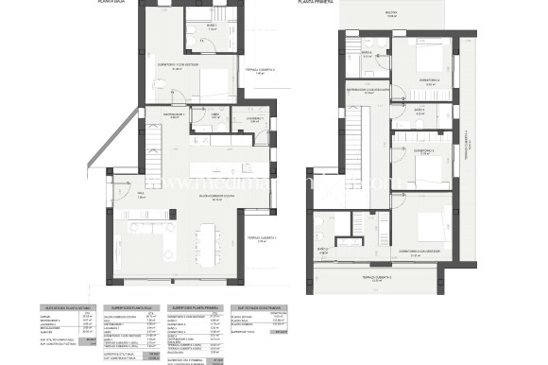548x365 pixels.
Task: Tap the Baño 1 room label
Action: [213, 26]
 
